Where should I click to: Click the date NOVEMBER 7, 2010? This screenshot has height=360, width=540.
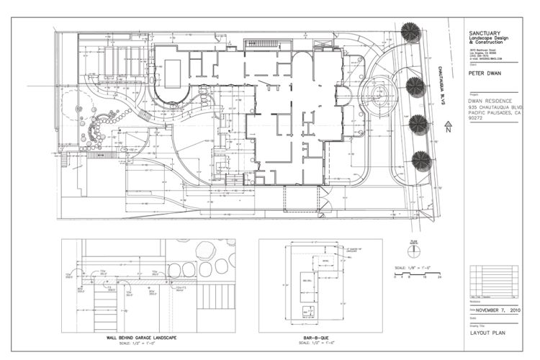pos(500,312)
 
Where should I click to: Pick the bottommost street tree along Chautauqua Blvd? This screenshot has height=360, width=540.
pos(421,160)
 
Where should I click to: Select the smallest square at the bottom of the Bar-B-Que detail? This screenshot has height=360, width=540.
pos(307,311)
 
